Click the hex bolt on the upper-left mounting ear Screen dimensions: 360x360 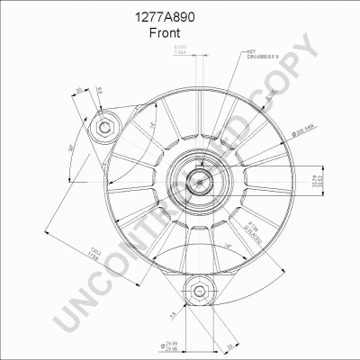tap(105, 127)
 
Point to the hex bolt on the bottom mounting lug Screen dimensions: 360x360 tap(198, 291)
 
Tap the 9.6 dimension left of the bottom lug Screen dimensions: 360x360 tap(170, 315)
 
